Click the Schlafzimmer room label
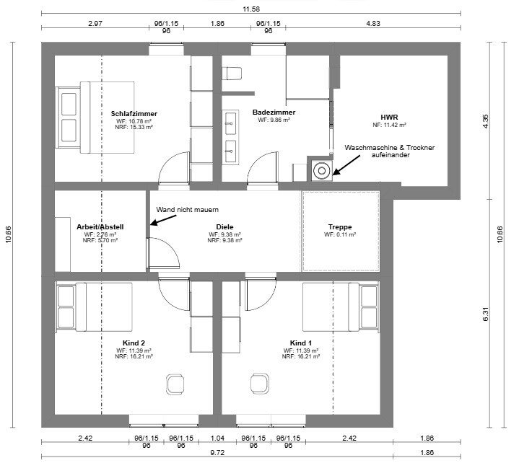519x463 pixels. (x=134, y=114)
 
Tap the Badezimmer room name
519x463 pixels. (x=274, y=112)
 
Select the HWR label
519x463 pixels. (x=389, y=117)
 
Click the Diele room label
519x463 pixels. (x=224, y=227)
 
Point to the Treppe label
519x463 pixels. (x=340, y=227)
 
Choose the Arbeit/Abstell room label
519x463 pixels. (x=100, y=227)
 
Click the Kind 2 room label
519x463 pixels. (x=134, y=343)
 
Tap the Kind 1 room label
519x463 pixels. (x=300, y=343)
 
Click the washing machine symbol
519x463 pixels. (x=322, y=171)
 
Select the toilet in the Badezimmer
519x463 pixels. (x=232, y=74)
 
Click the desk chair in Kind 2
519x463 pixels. (x=175, y=384)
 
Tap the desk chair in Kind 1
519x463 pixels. (x=260, y=383)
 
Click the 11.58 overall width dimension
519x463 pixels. (x=251, y=9)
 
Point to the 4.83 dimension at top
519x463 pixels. (x=373, y=24)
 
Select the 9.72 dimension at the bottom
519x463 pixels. (x=217, y=453)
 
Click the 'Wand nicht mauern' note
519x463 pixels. (x=188, y=210)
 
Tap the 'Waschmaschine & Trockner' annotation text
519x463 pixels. (x=390, y=148)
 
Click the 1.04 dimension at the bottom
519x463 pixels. (x=217, y=438)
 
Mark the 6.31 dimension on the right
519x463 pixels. (x=486, y=314)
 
